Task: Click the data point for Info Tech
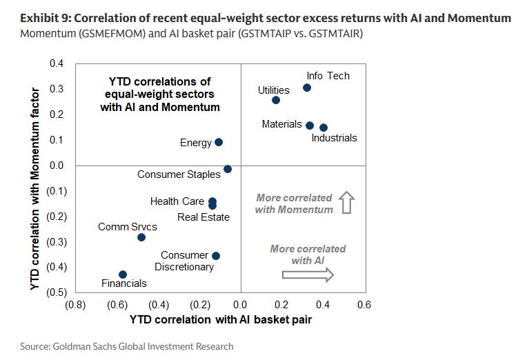point(307,88)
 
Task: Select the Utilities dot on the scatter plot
point(276,100)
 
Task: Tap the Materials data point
point(310,126)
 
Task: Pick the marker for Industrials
point(324,128)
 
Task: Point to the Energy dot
point(219,142)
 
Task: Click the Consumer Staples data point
point(228,169)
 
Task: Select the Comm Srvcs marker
point(141,237)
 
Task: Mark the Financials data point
point(123,274)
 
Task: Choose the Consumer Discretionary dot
point(216,256)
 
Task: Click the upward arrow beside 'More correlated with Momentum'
point(347,202)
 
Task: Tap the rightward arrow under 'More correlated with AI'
point(308,274)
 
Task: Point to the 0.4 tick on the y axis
point(57,63)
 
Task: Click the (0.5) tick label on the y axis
point(57,292)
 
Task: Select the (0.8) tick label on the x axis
point(75,305)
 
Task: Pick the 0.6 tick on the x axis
point(364,305)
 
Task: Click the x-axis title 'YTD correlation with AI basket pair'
point(221,319)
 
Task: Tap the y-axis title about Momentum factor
point(35,189)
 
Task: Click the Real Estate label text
point(204,217)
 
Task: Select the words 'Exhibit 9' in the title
point(46,18)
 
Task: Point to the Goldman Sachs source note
point(127,346)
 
